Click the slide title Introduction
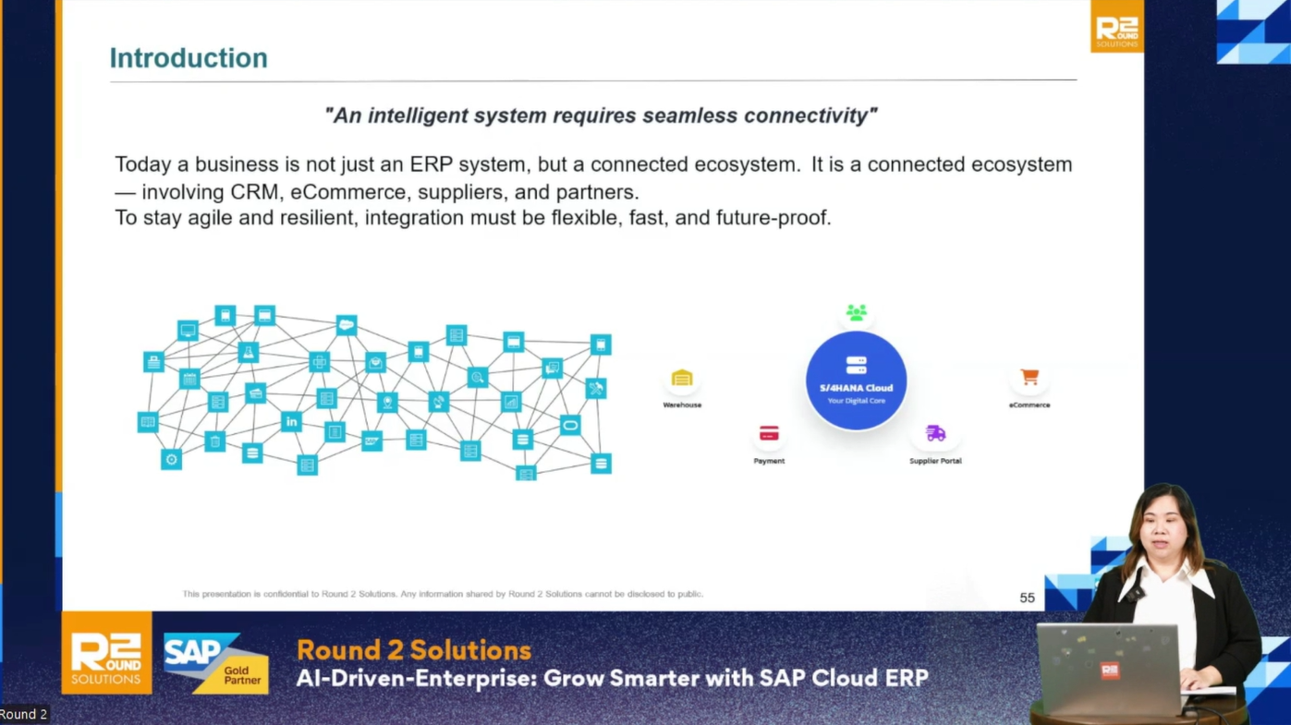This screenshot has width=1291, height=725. [x=189, y=58]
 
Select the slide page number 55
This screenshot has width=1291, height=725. [x=1027, y=598]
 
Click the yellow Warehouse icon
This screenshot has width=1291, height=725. [x=682, y=378]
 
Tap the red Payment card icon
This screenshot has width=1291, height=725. [x=769, y=433]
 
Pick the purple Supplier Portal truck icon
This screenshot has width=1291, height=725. [x=935, y=432]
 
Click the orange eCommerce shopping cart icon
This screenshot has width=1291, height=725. [x=1029, y=377]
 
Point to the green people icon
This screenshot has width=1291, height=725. [x=857, y=312]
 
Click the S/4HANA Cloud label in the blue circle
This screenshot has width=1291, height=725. [x=856, y=388]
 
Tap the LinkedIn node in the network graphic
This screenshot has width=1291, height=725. [x=292, y=421]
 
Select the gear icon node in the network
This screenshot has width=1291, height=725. [x=171, y=460]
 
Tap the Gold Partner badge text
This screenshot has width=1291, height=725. [x=242, y=675]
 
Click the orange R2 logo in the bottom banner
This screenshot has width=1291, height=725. [x=106, y=653]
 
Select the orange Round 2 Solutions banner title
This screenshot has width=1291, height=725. [x=414, y=650]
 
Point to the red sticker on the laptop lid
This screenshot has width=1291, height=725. [x=1110, y=671]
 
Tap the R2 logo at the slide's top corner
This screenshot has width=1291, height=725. [x=1117, y=27]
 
